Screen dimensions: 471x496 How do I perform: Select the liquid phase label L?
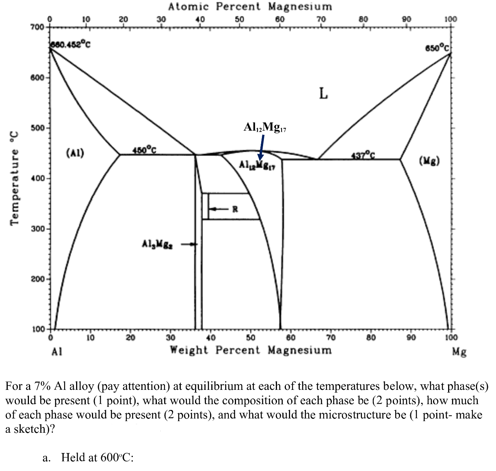(x=323, y=93)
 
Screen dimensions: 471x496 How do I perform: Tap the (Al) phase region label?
(x=75, y=153)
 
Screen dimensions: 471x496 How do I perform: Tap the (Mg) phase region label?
(x=429, y=160)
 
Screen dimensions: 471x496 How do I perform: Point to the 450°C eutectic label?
(x=144, y=150)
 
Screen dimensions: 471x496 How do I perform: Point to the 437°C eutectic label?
(x=363, y=155)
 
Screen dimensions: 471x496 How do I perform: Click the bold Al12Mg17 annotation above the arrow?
(x=265, y=127)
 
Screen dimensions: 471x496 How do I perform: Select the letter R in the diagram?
(x=235, y=209)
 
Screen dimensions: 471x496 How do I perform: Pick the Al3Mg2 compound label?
(x=158, y=244)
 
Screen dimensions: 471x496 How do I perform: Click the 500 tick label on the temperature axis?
(x=38, y=128)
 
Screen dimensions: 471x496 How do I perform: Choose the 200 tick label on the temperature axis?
(x=38, y=279)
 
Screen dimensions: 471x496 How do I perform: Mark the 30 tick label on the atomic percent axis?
(x=161, y=19)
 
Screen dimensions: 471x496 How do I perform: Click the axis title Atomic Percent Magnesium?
(x=250, y=7)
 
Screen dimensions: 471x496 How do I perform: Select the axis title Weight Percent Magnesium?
(x=251, y=350)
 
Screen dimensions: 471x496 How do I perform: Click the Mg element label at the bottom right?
(x=459, y=352)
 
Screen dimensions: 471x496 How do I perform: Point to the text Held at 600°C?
(x=97, y=457)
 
